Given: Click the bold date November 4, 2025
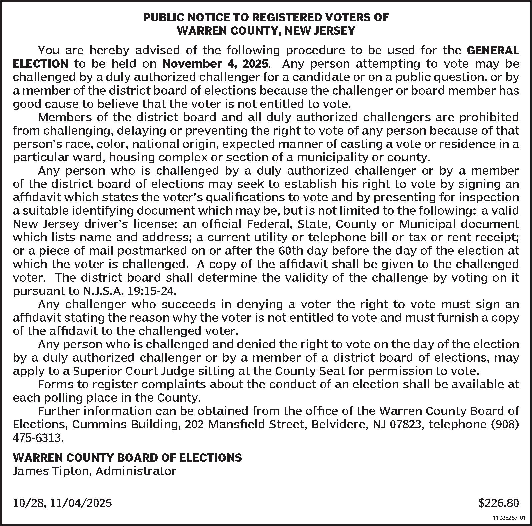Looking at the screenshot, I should point(216,64).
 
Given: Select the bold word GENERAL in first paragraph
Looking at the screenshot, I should point(493,50).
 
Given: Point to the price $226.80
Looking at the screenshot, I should point(499,503).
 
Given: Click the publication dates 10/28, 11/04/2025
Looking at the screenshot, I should point(62,503).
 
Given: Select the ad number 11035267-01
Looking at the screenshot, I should point(509,518).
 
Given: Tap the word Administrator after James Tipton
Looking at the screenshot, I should point(136,471).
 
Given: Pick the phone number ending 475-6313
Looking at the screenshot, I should point(37,438).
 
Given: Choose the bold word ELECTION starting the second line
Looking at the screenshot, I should point(40,64).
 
